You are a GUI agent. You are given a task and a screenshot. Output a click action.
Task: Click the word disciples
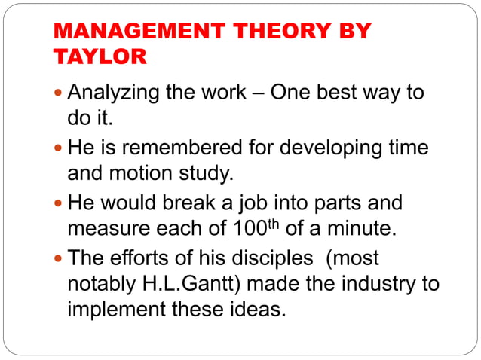point(267,258)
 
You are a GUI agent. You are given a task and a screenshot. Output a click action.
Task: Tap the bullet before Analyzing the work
point(59,94)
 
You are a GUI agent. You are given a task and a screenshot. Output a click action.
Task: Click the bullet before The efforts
point(59,259)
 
